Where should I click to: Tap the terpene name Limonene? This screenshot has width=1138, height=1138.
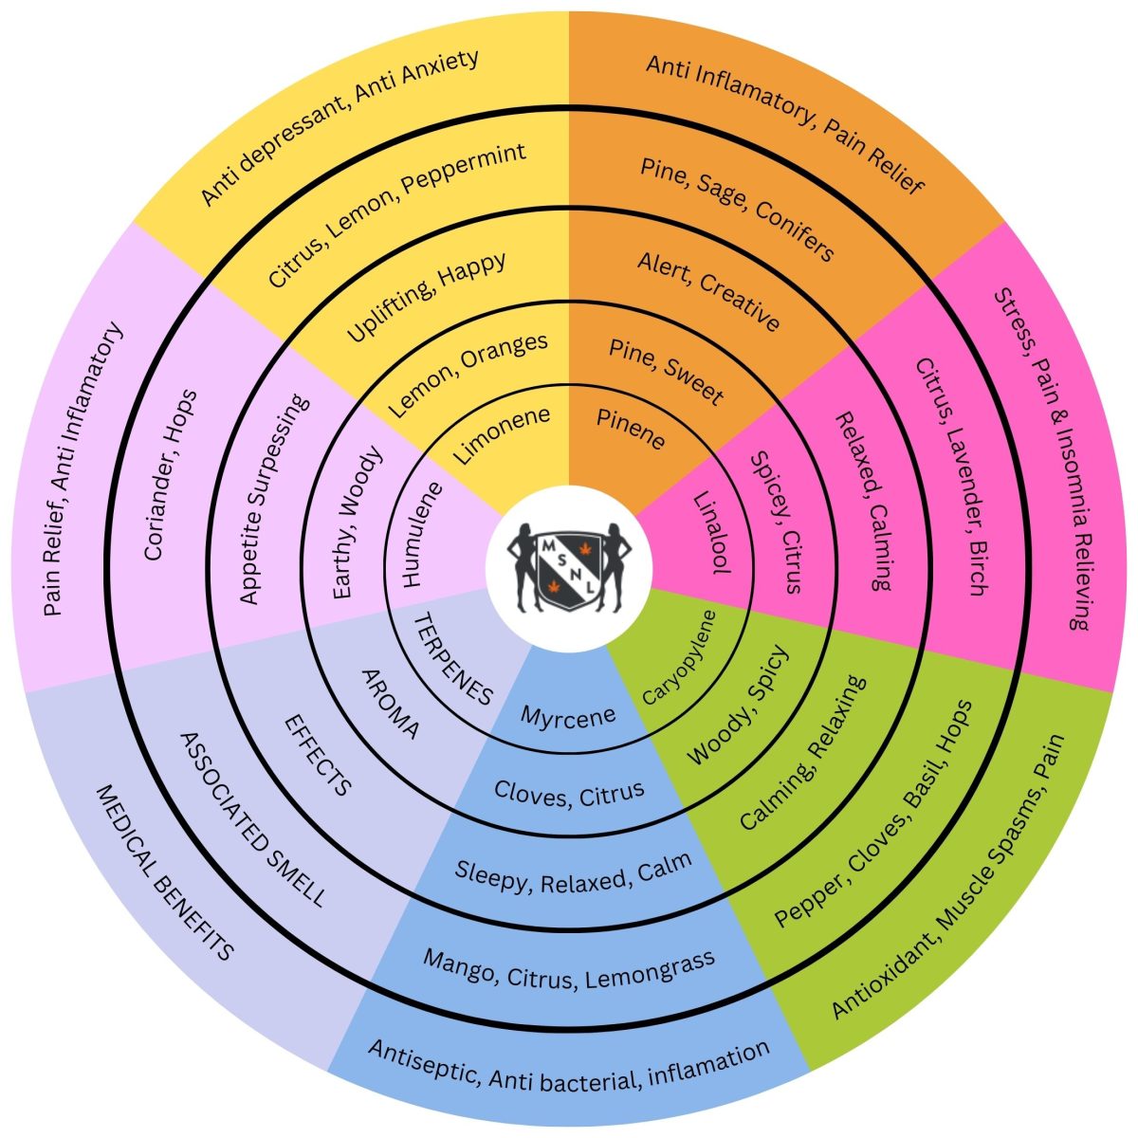click(501, 435)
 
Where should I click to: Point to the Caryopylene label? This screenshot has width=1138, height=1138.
click(679, 656)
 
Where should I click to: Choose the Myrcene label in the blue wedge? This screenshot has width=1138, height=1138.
click(568, 716)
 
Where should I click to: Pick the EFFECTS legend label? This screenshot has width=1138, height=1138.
click(319, 755)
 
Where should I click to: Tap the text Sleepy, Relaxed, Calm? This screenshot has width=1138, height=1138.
click(573, 876)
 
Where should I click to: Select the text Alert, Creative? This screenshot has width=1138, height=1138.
click(709, 291)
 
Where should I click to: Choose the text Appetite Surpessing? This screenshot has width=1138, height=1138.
click(274, 499)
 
